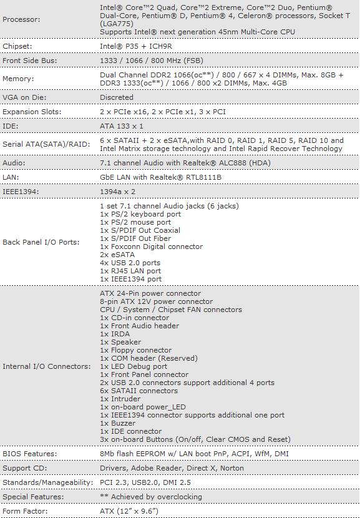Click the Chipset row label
(17, 46)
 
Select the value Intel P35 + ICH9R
(133, 46)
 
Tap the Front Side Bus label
(30, 61)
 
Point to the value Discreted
(117, 97)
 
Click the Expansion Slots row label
(32, 112)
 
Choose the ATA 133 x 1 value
(122, 126)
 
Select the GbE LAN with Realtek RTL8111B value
(160, 177)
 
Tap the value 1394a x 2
(117, 192)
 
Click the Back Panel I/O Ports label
(41, 242)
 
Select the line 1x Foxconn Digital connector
(151, 247)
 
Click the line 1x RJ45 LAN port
(130, 271)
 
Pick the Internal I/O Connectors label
(46, 366)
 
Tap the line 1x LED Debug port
(134, 366)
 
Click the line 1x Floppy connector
(135, 350)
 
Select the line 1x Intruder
(120, 399)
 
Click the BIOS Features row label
(30, 454)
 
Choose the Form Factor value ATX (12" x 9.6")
(129, 511)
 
